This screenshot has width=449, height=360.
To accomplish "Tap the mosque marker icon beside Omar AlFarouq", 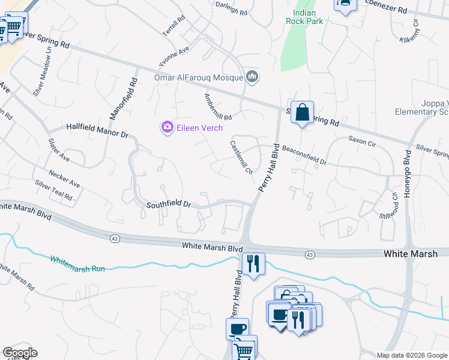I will (253, 77).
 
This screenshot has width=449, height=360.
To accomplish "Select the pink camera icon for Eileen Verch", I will (166, 127).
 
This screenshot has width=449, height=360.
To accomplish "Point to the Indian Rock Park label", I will (309, 17).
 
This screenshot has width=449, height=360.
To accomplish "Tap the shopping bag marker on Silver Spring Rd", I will (303, 112).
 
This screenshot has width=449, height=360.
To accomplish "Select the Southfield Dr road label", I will (168, 205).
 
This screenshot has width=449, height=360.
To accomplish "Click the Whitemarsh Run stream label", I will (77, 264).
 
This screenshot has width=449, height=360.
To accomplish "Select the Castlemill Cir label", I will (241, 158).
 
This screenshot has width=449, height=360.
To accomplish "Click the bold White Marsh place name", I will (411, 254).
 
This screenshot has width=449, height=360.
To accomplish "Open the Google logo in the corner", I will (20, 353).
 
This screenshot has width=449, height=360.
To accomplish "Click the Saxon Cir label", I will (362, 142).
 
